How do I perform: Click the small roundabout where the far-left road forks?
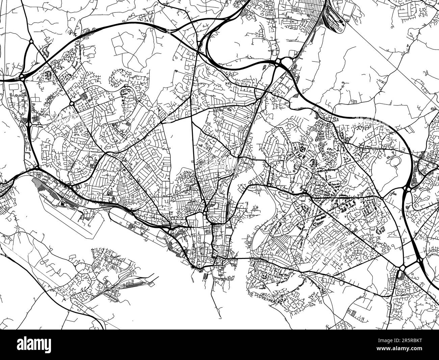pos(31,41)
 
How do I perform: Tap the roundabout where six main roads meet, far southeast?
pos(402,268)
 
